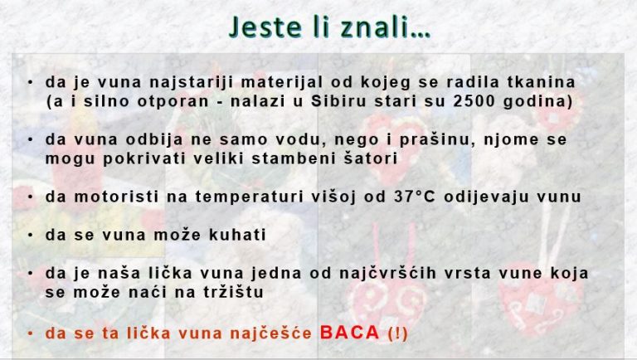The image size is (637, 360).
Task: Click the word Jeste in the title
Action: [x=265, y=27]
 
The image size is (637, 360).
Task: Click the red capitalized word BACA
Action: [x=349, y=333]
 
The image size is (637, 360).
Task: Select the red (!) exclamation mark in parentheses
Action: [x=398, y=333]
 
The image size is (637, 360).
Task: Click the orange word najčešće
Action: [x=270, y=333]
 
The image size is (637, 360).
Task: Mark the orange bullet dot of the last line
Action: [x=30, y=333]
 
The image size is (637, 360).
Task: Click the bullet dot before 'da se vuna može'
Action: [x=30, y=235]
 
